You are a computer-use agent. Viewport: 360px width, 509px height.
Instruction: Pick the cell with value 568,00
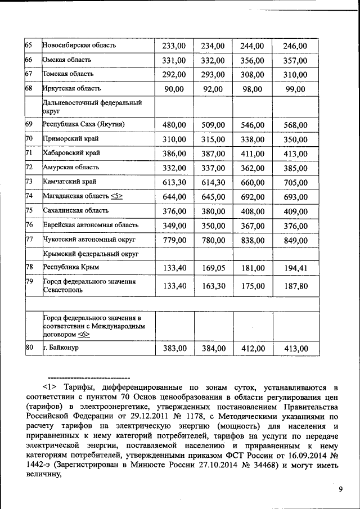(x=295, y=125)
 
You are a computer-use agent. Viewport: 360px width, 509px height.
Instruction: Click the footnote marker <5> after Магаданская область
(x=116, y=196)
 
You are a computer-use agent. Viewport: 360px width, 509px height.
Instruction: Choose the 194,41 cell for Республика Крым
(x=295, y=268)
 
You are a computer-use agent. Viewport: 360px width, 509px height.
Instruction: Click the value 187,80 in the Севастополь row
(x=295, y=286)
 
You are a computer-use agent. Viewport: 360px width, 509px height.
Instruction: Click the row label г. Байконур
(x=61, y=348)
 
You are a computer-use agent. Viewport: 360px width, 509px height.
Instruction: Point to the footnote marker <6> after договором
(x=83, y=334)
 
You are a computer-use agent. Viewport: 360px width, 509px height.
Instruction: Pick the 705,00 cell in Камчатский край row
(x=295, y=182)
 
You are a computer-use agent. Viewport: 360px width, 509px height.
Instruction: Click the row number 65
(x=29, y=46)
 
